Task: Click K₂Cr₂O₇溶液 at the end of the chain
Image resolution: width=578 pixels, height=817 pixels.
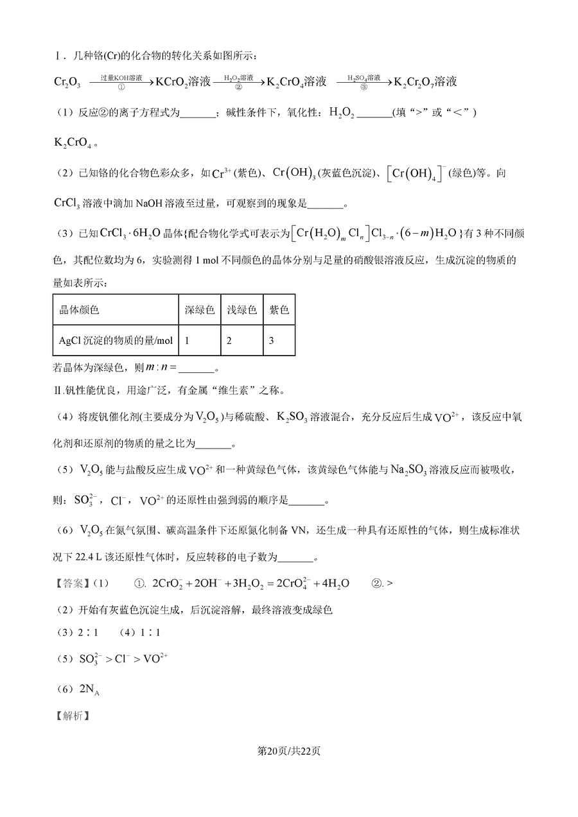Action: pos(425,82)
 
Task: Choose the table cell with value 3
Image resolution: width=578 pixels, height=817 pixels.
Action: pos(272,340)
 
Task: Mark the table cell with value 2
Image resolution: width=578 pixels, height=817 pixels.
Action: pos(229,340)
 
